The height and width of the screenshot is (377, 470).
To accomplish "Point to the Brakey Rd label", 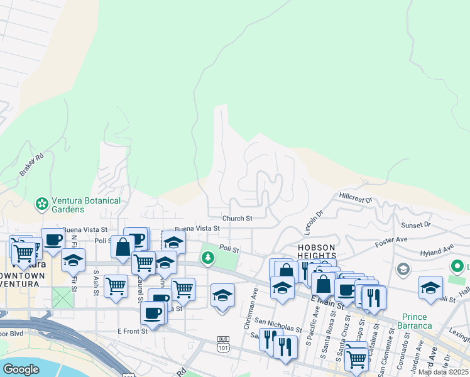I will [x=31, y=165].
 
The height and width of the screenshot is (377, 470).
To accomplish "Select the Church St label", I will [x=237, y=219].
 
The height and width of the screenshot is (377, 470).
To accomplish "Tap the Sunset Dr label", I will [x=416, y=224].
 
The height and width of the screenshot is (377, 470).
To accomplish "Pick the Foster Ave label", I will [x=391, y=239].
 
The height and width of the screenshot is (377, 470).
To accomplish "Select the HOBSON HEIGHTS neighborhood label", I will [x=317, y=252].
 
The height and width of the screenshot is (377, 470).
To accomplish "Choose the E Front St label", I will [x=131, y=331].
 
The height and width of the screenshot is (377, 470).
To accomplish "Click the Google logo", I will [x=21, y=369].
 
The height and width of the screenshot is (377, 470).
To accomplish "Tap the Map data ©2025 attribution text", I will [x=444, y=372].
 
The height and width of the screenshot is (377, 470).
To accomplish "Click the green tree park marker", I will [x=208, y=258].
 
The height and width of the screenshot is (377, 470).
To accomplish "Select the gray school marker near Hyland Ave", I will [x=403, y=270].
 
